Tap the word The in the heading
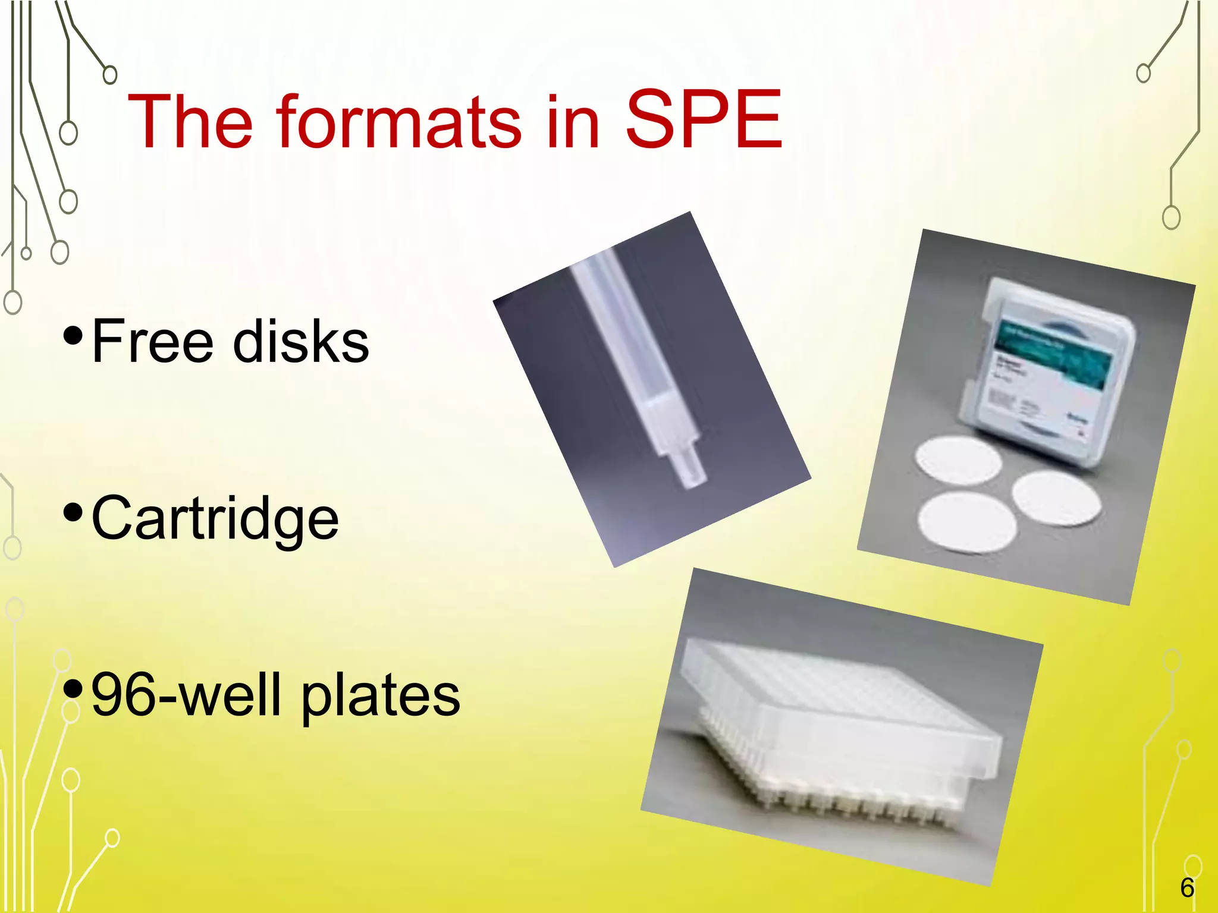tap(190, 122)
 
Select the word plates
tap(381, 697)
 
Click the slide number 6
tap(1186, 889)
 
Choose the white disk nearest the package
tap(958, 462)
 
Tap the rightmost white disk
tap(1056, 498)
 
